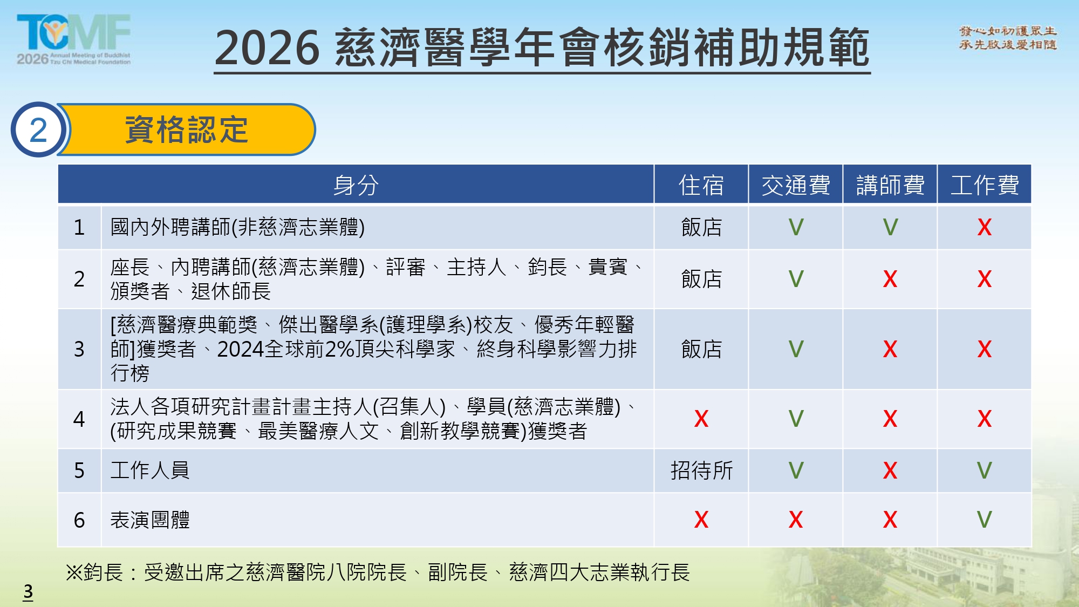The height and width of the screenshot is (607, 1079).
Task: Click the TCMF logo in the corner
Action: click(74, 39)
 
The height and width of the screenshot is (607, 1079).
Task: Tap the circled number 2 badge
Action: click(38, 129)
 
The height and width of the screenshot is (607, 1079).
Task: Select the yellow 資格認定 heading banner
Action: click(186, 129)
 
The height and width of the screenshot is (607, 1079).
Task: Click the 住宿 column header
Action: click(701, 185)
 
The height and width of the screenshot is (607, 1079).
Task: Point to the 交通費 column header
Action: click(796, 185)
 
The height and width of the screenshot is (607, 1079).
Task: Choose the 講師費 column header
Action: click(890, 185)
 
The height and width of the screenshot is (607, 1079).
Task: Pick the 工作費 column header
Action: click(985, 185)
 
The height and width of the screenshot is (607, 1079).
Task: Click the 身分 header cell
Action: click(356, 185)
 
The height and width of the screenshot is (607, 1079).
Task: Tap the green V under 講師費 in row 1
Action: click(890, 227)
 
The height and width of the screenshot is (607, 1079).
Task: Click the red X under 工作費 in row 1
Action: click(985, 227)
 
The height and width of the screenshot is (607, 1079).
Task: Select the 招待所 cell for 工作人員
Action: click(701, 470)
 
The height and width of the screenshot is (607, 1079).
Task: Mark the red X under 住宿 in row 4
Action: click(701, 419)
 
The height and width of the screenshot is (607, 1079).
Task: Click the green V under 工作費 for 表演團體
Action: click(985, 520)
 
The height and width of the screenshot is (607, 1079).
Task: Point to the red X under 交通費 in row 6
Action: click(796, 520)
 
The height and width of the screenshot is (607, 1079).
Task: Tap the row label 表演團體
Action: click(150, 520)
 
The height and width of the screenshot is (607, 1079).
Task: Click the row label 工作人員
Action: click(150, 470)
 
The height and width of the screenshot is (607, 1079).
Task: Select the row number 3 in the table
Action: click(79, 349)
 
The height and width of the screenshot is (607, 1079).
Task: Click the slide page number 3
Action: click(28, 592)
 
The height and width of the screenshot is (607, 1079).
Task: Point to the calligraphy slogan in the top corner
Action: click(1007, 38)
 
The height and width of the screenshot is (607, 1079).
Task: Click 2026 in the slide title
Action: click(267, 48)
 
